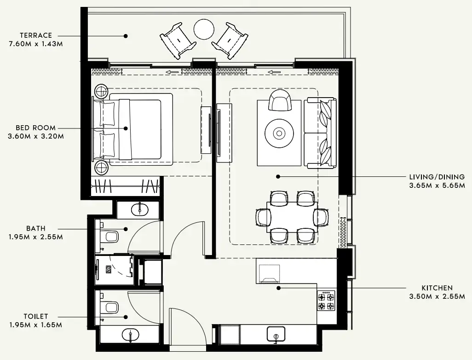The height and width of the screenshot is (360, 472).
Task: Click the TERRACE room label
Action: tap(36, 35)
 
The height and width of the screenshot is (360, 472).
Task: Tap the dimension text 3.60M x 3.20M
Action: tap(35, 136)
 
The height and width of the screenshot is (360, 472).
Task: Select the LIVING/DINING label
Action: tap(437, 177)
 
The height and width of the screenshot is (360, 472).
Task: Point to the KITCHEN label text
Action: tap(437, 288)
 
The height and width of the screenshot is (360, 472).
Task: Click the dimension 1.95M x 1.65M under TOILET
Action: tap(35, 325)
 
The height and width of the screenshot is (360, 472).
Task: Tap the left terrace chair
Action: tap(178, 41)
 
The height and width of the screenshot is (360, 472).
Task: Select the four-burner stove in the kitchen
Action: tap(326, 300)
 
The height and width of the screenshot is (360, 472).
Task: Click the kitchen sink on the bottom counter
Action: tap(276, 334)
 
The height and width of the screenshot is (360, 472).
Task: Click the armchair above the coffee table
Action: tap(280, 101)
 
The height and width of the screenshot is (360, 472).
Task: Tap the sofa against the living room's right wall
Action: tap(321, 133)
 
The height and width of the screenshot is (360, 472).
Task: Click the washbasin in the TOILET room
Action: tap(131, 335)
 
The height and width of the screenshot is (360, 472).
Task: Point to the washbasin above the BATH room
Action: tap(139, 209)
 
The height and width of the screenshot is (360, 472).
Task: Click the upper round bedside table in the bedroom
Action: tap(101, 91)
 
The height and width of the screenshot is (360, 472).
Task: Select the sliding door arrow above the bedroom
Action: tap(173, 72)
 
